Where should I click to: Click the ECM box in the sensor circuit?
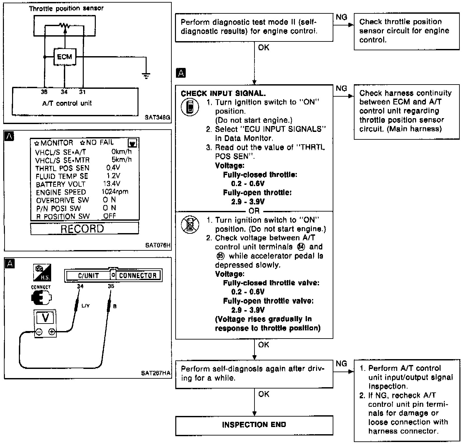tap(65, 57)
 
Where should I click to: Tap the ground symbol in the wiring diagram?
tap(146, 76)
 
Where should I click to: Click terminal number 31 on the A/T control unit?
tap(82, 92)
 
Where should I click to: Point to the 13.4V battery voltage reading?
tap(111, 184)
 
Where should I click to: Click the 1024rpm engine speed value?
tap(115, 192)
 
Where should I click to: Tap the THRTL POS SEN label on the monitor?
tap(62, 168)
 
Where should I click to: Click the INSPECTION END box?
tap(254, 425)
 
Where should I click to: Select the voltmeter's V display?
tap(46, 317)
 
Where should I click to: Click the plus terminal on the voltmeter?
tap(51, 332)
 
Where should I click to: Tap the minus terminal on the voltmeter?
tap(39, 332)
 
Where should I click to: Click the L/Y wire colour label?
tap(85, 306)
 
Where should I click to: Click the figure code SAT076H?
tap(158, 245)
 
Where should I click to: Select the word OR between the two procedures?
tap(254, 211)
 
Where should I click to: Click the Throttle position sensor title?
tap(66, 8)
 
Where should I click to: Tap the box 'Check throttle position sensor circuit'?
tap(406, 31)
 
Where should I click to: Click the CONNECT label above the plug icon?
tap(41, 287)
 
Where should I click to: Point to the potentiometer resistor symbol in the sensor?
tap(65, 25)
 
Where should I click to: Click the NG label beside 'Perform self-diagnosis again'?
tap(341, 363)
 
